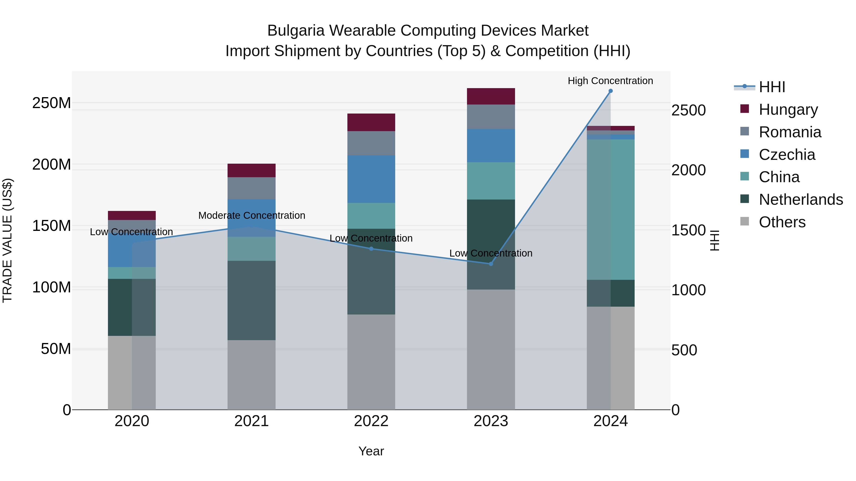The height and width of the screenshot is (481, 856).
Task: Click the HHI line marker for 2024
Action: [610, 91]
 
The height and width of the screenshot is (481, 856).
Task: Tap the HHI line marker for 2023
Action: [491, 264]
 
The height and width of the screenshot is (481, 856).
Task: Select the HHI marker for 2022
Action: [371, 249]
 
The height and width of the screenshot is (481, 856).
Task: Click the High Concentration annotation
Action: [610, 81]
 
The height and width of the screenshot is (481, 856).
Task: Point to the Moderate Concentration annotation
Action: [252, 215]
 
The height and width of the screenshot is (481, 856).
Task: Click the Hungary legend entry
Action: [788, 110]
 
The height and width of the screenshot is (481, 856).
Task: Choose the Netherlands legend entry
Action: [801, 200]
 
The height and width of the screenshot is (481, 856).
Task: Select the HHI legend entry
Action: [772, 87]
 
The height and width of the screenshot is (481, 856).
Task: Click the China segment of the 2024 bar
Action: [610, 209]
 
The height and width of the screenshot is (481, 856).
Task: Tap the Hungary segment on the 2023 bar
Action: [491, 96]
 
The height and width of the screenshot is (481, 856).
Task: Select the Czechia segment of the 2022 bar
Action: [371, 179]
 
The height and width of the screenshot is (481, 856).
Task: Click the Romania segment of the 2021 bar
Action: [252, 188]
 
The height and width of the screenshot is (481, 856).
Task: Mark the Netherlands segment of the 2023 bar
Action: [491, 244]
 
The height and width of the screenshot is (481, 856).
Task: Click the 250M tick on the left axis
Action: [52, 103]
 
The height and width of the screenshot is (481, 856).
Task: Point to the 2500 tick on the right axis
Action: [688, 110]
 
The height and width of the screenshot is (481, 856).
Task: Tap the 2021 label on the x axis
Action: [252, 421]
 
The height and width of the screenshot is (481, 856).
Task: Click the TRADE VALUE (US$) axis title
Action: [8, 240]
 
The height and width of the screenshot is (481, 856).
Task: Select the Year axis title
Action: [371, 451]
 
